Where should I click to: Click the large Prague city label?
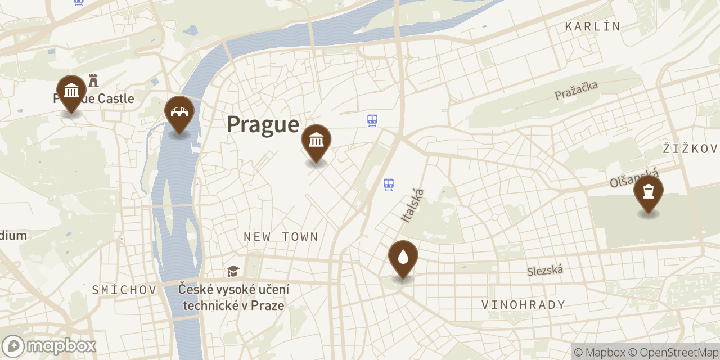pyautogui.click(x=263, y=124)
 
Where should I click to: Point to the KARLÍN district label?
pyautogui.click(x=593, y=26)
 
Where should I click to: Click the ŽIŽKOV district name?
pyautogui.click(x=690, y=148)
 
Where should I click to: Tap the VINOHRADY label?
pyautogui.click(x=523, y=305)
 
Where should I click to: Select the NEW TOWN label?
pyautogui.click(x=281, y=237)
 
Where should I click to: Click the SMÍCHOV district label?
pyautogui.click(x=124, y=290)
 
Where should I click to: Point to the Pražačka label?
pyautogui.click(x=576, y=90)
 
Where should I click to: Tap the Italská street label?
pyautogui.click(x=412, y=205)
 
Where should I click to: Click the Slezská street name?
pyautogui.click(x=545, y=271)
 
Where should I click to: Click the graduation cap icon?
pyautogui.click(x=233, y=272)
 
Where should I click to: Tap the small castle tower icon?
pyautogui.click(x=93, y=80)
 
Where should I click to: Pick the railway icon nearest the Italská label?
pyautogui.click(x=388, y=184)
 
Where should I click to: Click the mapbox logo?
pyautogui.click(x=49, y=346)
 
